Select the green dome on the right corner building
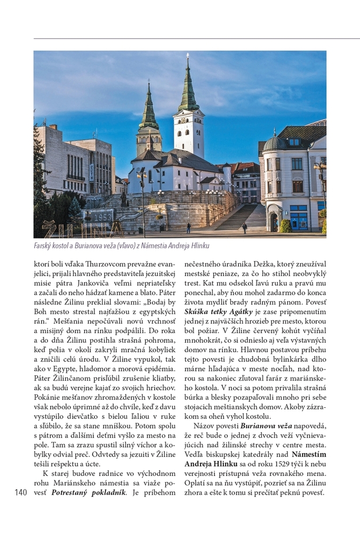click(x=275, y=143)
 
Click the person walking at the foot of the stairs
click(x=244, y=228)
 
